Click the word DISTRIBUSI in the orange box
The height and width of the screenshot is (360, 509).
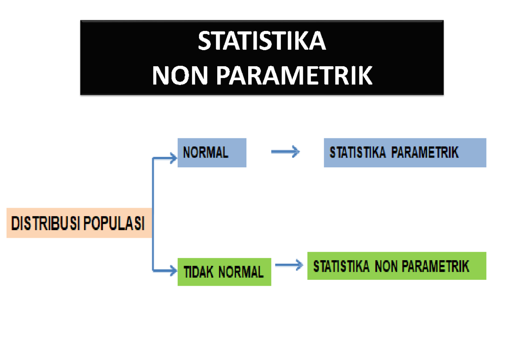click(44, 223)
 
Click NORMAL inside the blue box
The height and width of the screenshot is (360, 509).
click(206, 152)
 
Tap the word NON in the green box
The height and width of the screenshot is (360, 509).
click(386, 266)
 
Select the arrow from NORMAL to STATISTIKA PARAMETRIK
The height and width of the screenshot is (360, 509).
click(285, 152)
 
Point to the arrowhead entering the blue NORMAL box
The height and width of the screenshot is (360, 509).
click(173, 159)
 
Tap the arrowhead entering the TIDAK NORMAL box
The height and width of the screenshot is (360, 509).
click(173, 270)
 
